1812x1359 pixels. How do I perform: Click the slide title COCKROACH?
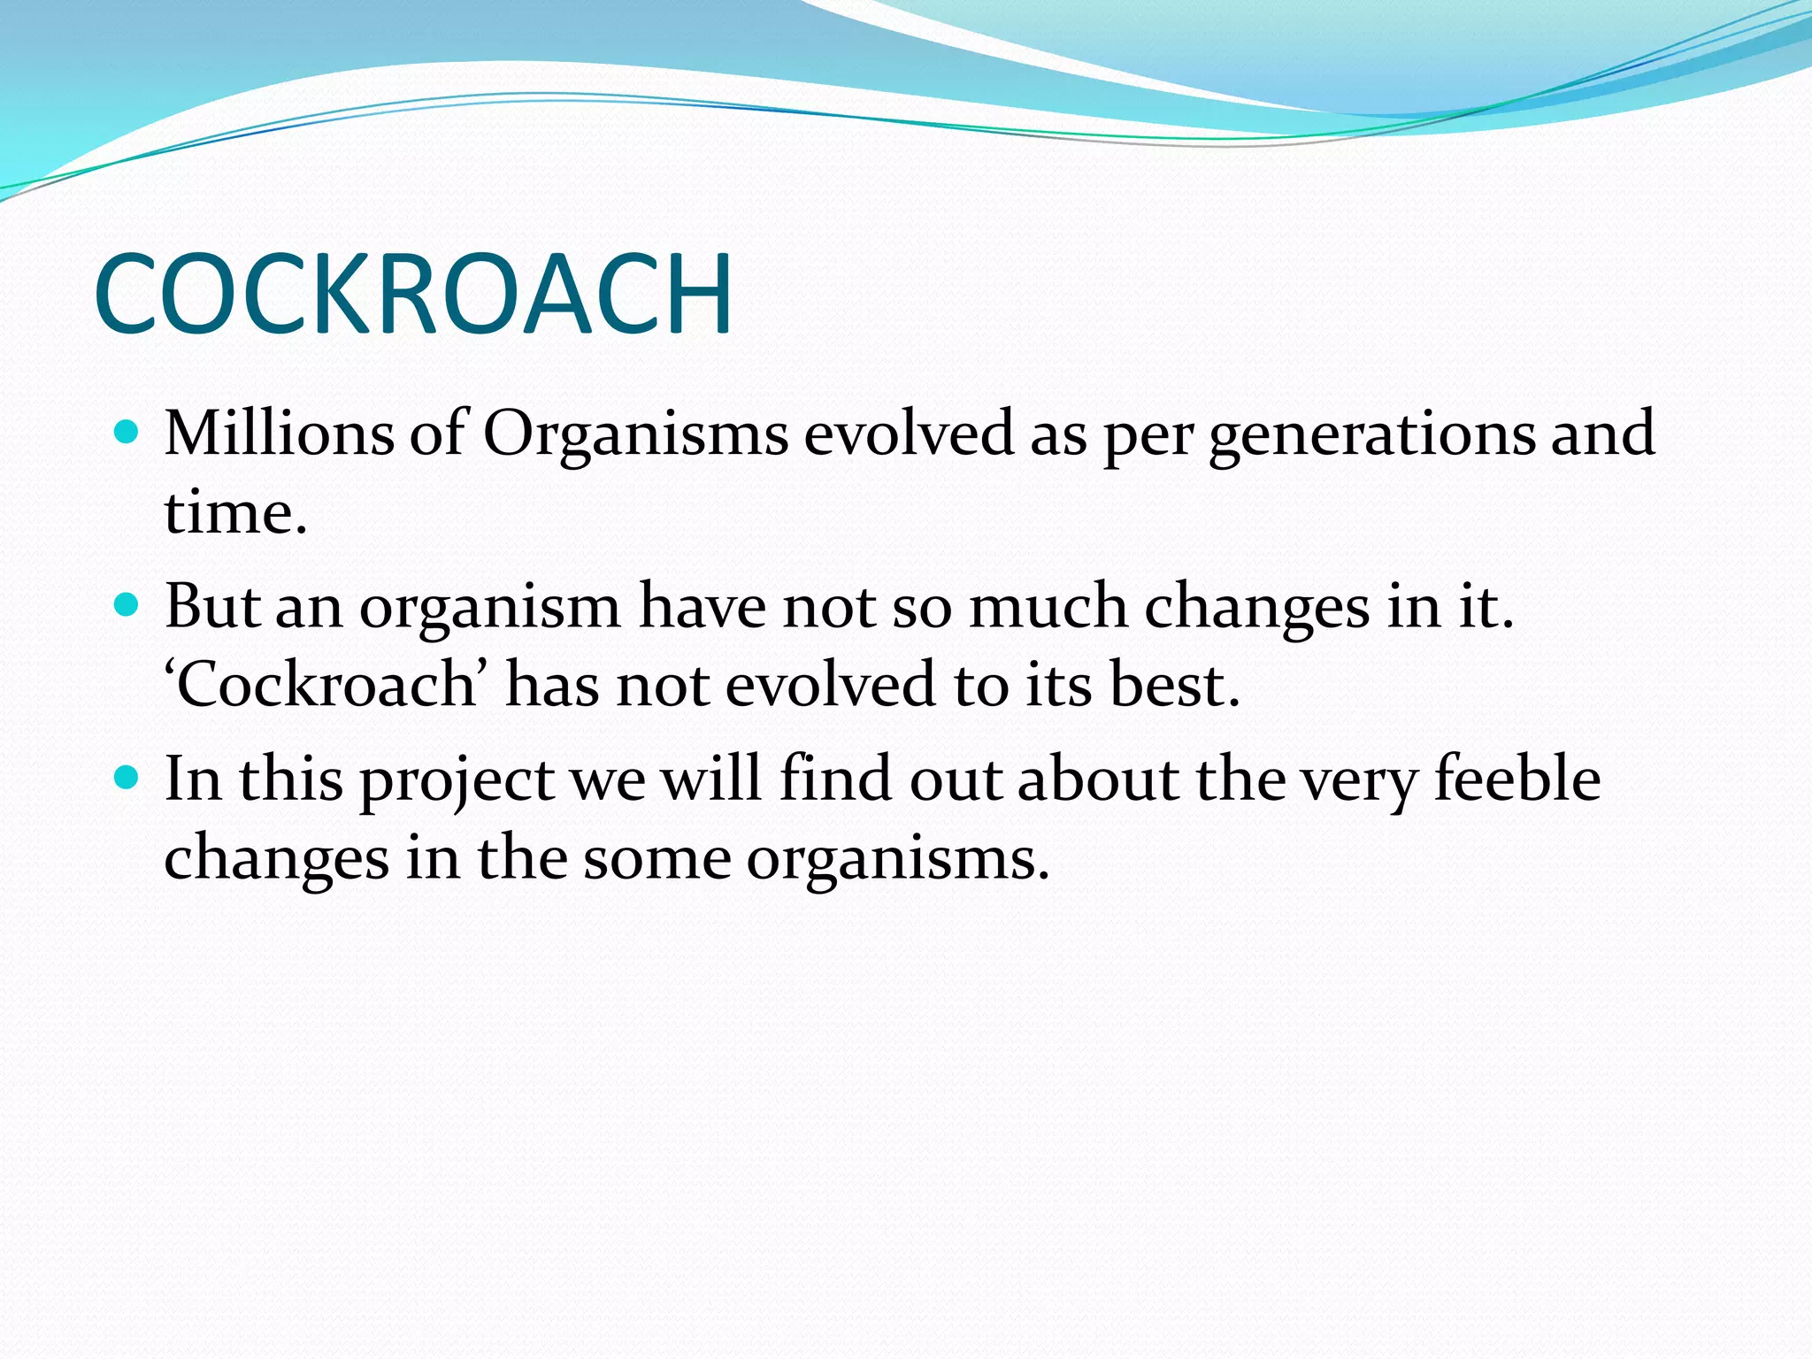point(413,294)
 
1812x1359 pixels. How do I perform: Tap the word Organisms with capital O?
point(634,434)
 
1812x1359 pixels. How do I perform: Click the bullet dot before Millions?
point(127,432)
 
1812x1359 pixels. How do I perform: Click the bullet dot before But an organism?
point(127,605)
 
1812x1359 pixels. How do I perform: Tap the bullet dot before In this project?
point(127,778)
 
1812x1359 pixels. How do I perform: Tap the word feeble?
point(1516,779)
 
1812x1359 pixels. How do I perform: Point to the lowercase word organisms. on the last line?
point(897,860)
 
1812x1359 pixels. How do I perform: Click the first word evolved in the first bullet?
point(908,434)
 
